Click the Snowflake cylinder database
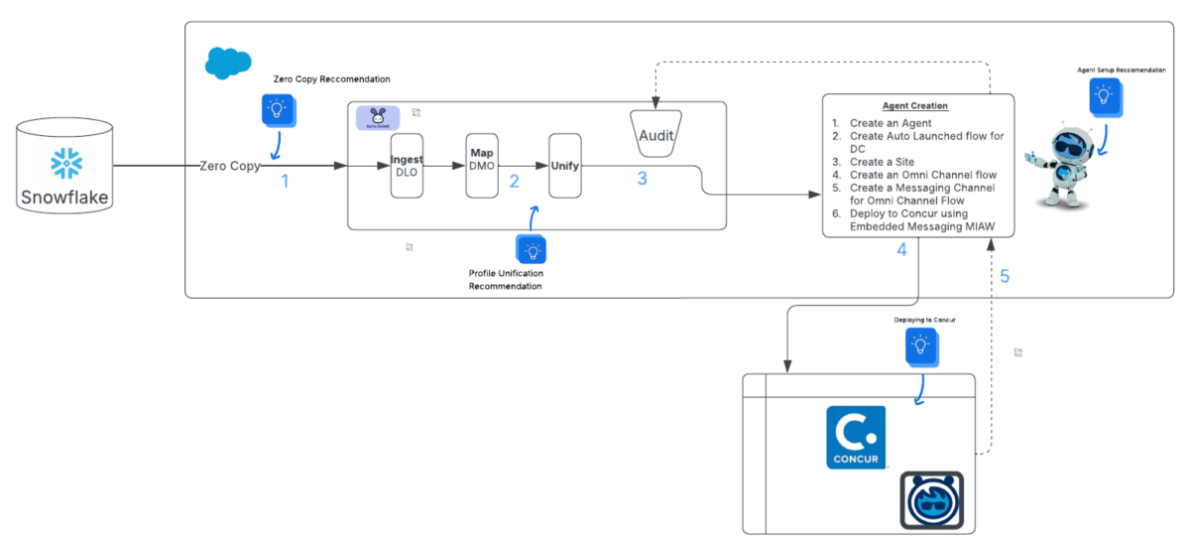point(64,169)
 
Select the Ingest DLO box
point(407,165)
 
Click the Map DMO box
point(481,165)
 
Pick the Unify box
point(564,165)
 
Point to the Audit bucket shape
point(663,133)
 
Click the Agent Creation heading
point(915,106)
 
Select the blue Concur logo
point(855,437)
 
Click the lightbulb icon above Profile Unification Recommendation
point(532,248)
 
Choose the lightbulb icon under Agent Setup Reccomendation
point(1103,95)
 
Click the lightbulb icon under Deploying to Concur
point(920,344)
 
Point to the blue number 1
point(285,182)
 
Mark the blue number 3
point(642,180)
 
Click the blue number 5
point(1005,276)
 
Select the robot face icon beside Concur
point(931,499)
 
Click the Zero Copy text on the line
point(230,166)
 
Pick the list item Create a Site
point(882,161)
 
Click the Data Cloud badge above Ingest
point(378,116)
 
